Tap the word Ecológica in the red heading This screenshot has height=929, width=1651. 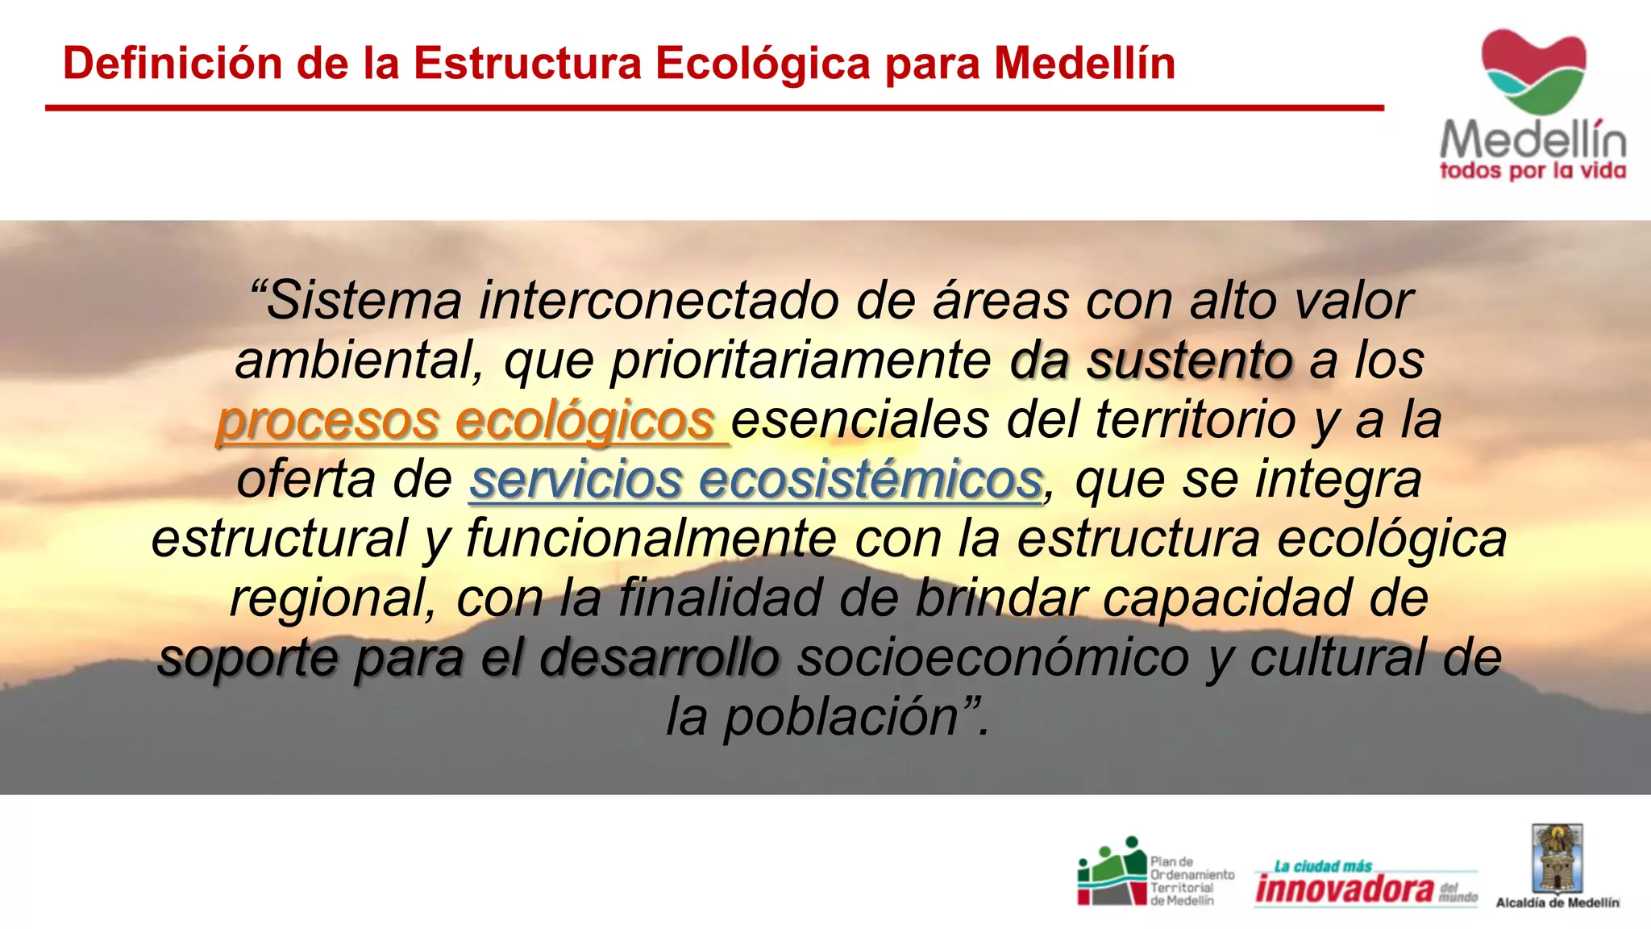[763, 63]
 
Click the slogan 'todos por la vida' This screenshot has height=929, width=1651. [1532, 171]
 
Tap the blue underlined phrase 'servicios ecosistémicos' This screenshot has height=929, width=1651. [755, 480]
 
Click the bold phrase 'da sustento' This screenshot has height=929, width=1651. [1151, 360]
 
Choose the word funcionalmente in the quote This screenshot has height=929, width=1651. [651, 539]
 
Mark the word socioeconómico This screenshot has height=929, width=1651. [993, 657]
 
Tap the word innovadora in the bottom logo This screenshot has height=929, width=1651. [1344, 889]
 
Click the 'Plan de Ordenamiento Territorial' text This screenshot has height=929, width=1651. [1191, 881]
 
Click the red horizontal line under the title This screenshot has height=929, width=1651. [714, 107]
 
